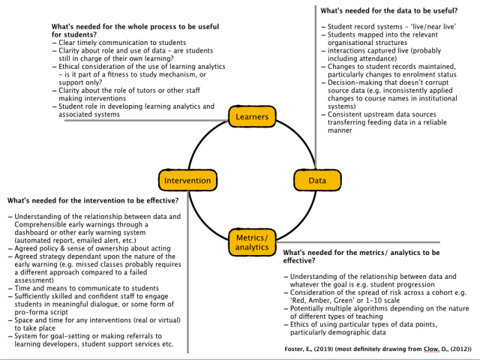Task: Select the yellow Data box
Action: point(317,181)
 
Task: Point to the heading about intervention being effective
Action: point(93,201)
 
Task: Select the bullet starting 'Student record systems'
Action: point(387,27)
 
